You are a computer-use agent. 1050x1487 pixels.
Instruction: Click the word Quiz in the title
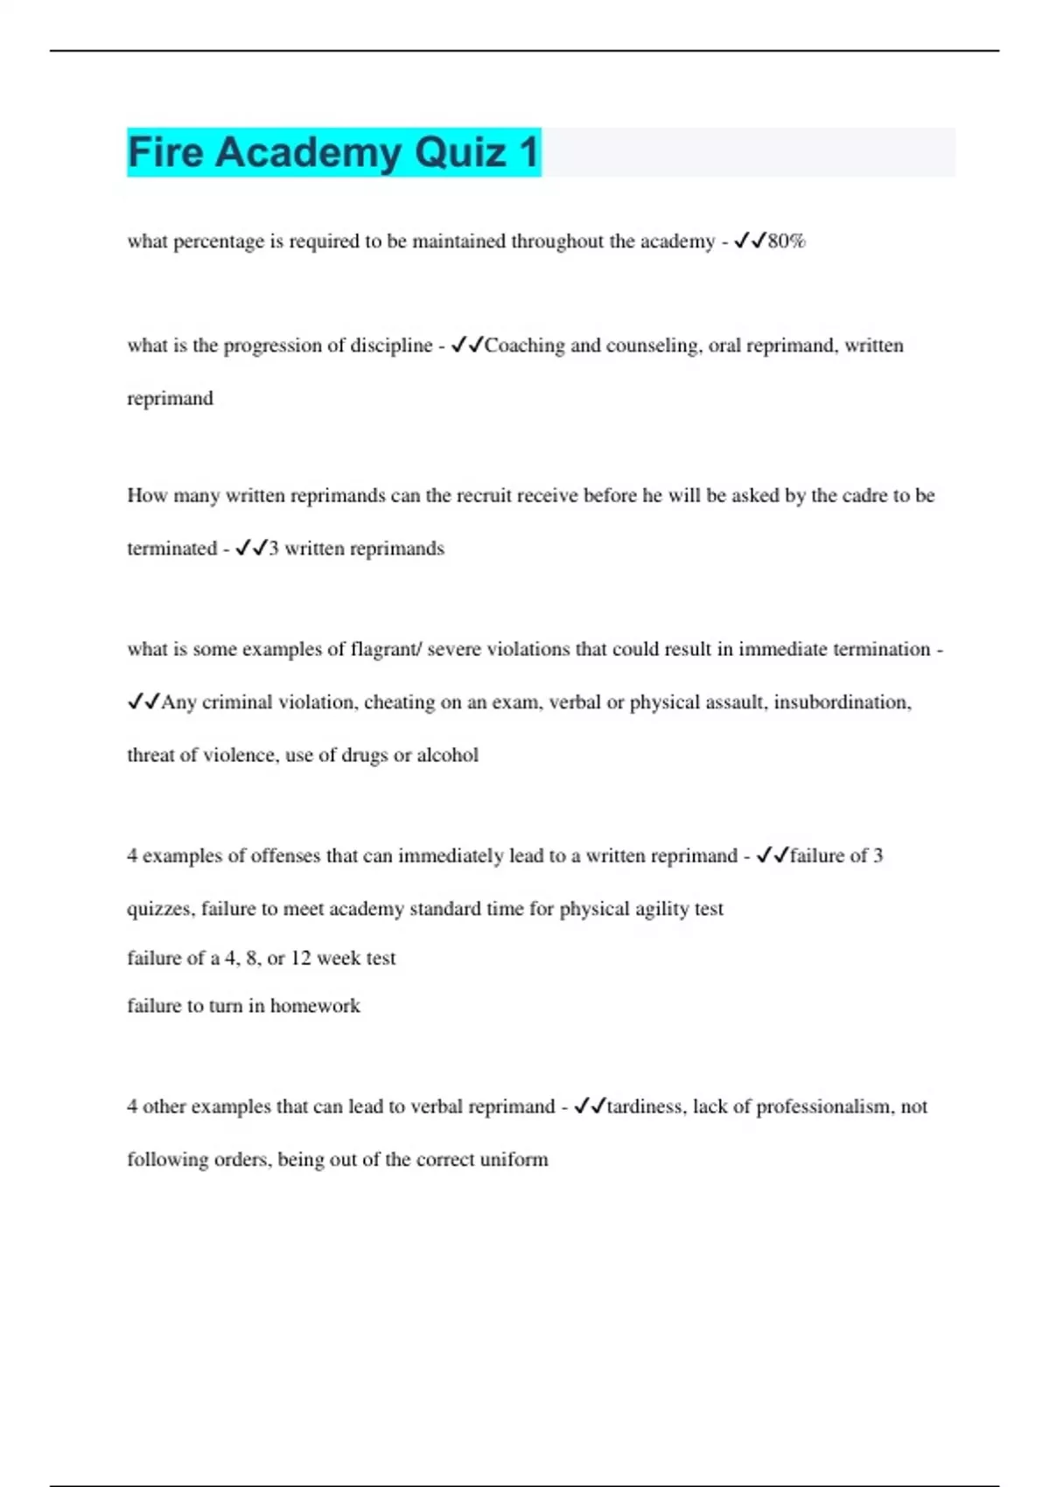pyautogui.click(x=459, y=152)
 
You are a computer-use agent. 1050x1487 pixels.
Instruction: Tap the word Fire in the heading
pyautogui.click(x=165, y=152)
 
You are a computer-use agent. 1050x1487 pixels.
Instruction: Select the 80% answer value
pyautogui.click(x=786, y=241)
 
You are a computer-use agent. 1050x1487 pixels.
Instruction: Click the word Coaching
pyautogui.click(x=524, y=346)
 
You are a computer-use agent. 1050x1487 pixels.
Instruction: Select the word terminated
pyautogui.click(x=171, y=548)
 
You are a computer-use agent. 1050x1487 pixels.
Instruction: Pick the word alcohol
pyautogui.click(x=447, y=755)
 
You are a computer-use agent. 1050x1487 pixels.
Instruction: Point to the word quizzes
pyautogui.click(x=161, y=909)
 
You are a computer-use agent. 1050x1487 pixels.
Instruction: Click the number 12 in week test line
pyautogui.click(x=300, y=958)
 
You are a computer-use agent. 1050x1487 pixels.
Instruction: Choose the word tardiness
pyautogui.click(x=645, y=1107)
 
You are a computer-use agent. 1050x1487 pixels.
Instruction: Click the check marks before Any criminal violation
pyautogui.click(x=143, y=702)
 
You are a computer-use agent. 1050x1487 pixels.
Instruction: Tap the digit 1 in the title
pyautogui.click(x=528, y=152)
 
